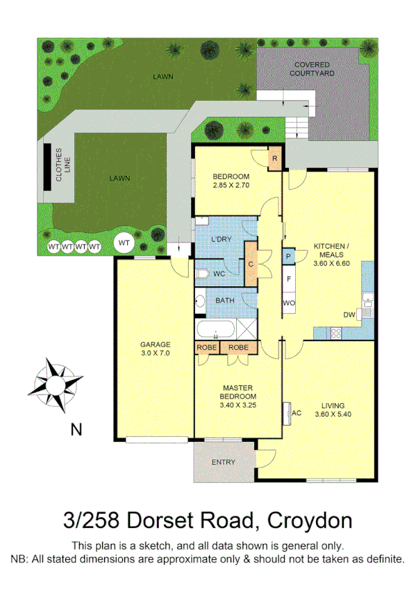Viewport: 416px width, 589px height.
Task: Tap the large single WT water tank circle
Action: pos(124,242)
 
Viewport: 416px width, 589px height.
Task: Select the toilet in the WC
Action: pos(201,274)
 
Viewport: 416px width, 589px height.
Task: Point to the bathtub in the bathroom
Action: pos(217,330)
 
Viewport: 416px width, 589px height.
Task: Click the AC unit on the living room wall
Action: pos(286,413)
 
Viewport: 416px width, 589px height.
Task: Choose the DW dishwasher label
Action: pos(349,315)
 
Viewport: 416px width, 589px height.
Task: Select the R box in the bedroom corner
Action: pos(274,158)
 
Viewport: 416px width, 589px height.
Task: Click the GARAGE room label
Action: pos(155,345)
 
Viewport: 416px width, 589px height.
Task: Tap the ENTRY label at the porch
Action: pos(223,462)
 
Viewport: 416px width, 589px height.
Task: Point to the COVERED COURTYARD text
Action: pos(312,67)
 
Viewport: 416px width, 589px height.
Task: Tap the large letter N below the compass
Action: pos(76,429)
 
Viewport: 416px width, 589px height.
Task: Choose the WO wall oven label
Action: pos(289,303)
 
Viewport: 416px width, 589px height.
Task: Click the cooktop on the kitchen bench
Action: pos(335,333)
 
